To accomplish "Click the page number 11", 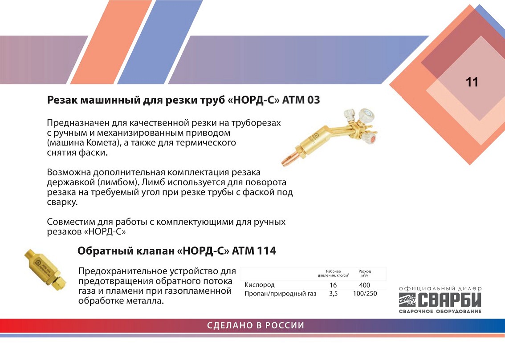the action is click(x=472, y=82).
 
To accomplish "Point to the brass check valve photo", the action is click(x=45, y=270).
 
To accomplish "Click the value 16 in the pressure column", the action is click(x=333, y=285).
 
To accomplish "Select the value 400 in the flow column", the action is click(x=364, y=285).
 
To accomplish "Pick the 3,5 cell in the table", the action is click(x=334, y=293).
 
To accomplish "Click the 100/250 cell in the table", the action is click(x=365, y=293).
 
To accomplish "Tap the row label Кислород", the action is click(x=260, y=285).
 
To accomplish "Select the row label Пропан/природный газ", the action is click(x=281, y=294).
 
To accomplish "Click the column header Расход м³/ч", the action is click(x=365, y=274).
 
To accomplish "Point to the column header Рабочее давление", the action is click(x=333, y=274).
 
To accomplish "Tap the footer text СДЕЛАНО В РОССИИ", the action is click(x=256, y=325).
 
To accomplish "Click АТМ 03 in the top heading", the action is click(x=301, y=100).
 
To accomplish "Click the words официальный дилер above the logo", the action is click(x=440, y=289).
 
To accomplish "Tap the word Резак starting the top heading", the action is click(x=62, y=100).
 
